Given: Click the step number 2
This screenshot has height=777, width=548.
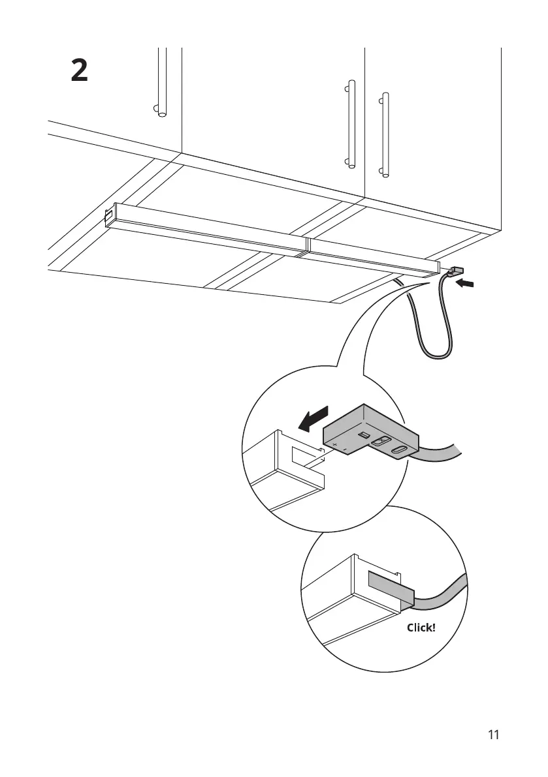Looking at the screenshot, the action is (x=79, y=71).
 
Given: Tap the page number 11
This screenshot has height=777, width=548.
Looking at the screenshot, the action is (x=493, y=735).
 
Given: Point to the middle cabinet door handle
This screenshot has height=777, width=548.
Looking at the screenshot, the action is (x=351, y=124).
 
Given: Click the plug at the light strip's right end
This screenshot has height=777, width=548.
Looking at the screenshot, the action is (x=457, y=270).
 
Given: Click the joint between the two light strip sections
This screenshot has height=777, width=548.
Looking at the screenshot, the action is (x=306, y=245).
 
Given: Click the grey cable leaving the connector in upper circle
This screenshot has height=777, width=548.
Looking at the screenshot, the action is (x=441, y=452).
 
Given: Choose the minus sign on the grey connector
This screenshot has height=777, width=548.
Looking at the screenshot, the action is (x=344, y=450).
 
